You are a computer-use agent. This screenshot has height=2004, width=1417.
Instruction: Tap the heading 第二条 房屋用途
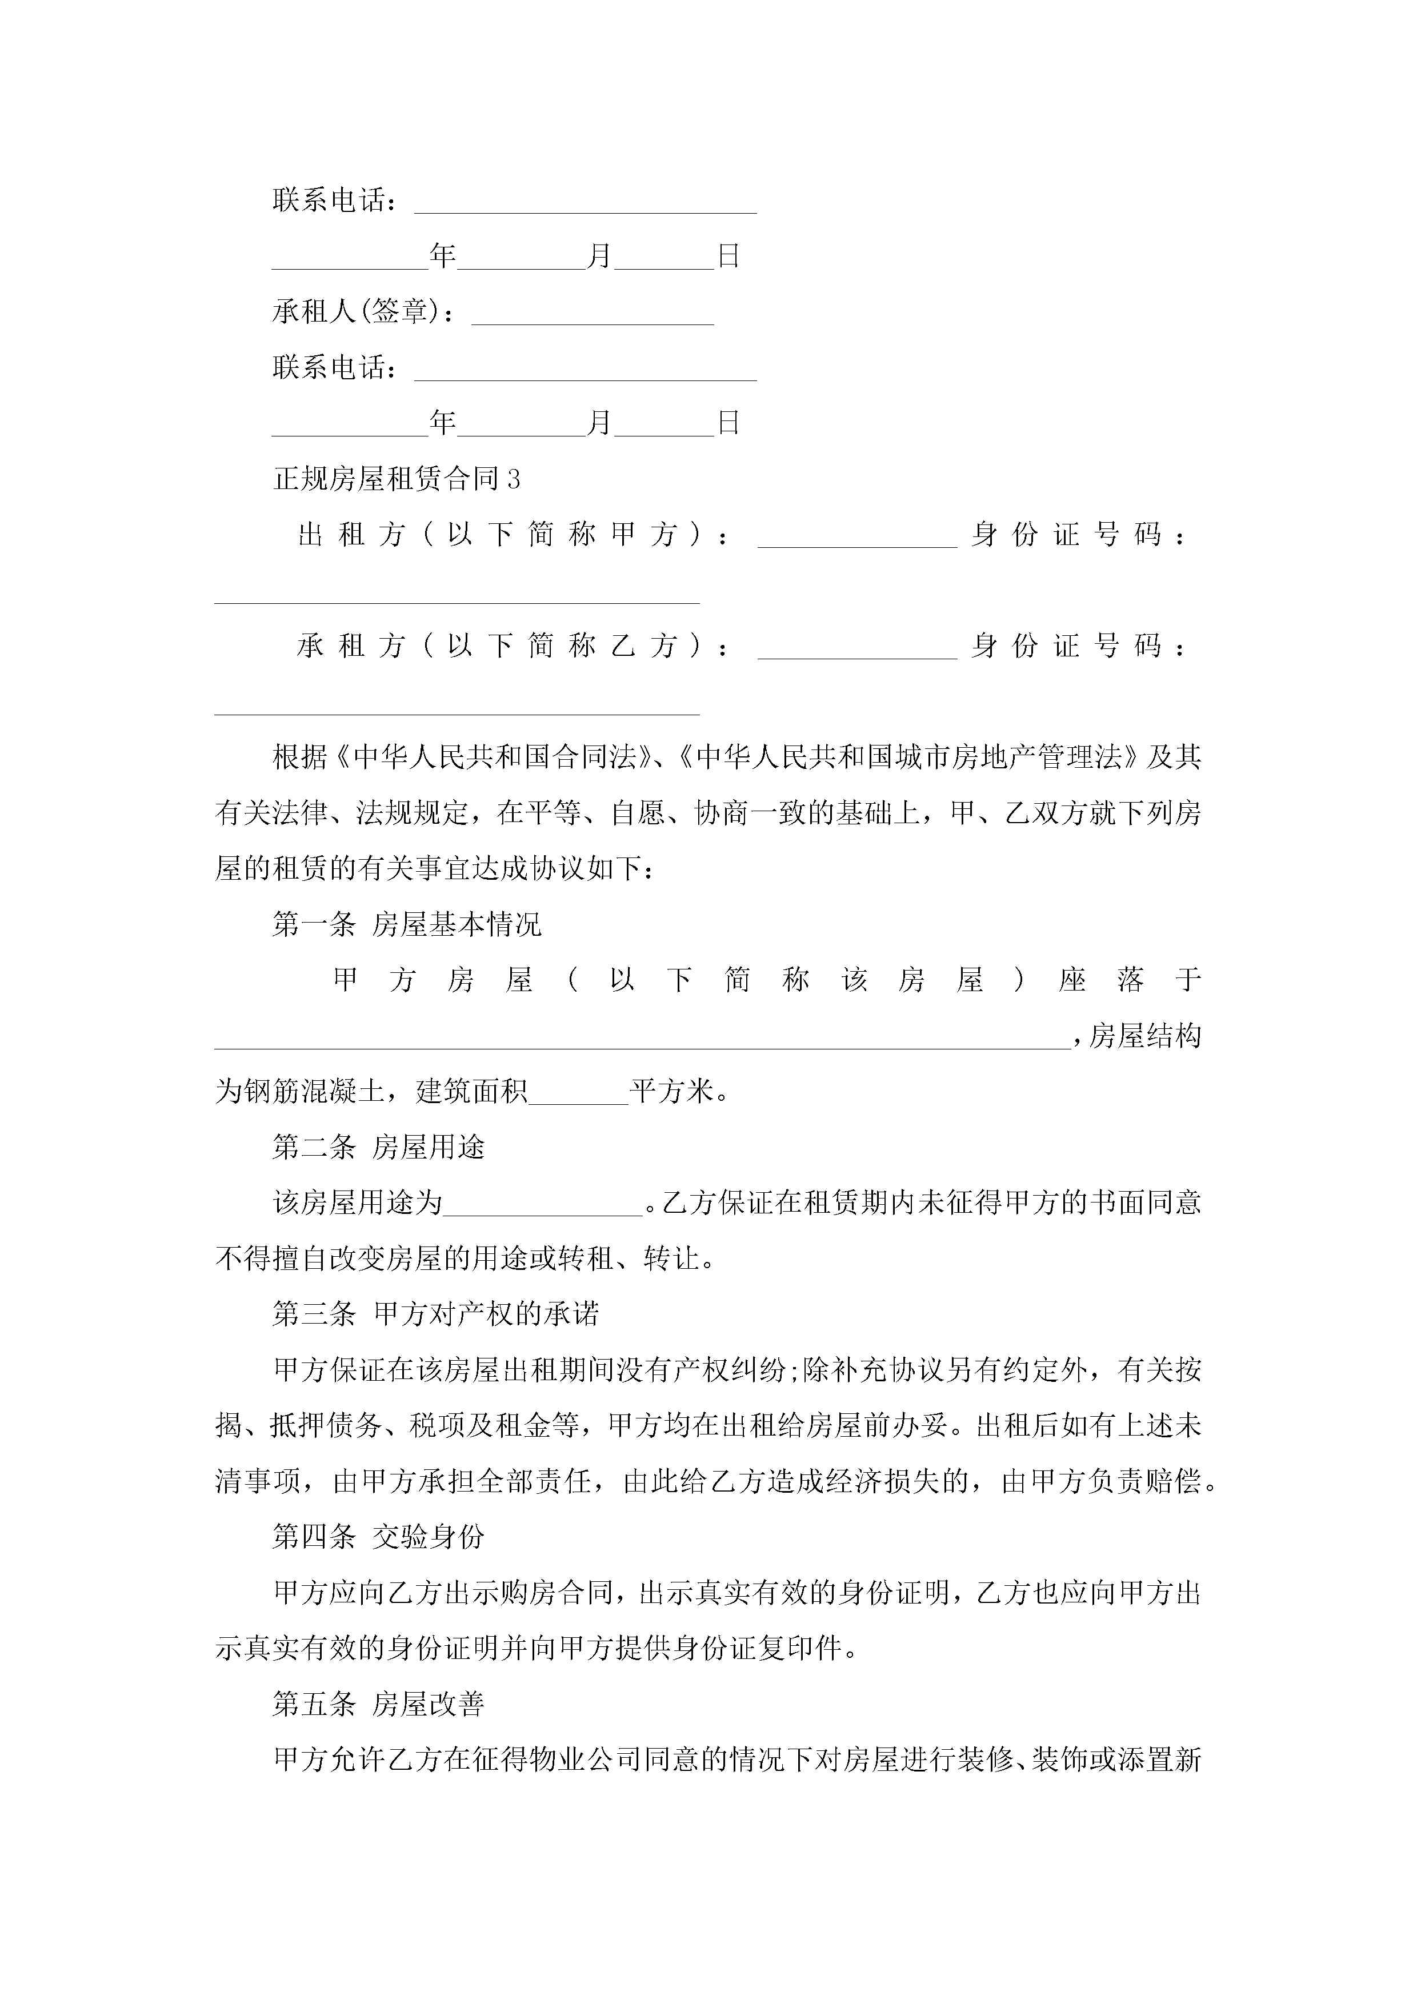[x=378, y=1147]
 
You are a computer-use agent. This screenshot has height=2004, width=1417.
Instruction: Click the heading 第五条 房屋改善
[x=378, y=1704]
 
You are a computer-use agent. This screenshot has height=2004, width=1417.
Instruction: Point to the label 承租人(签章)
[x=362, y=311]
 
